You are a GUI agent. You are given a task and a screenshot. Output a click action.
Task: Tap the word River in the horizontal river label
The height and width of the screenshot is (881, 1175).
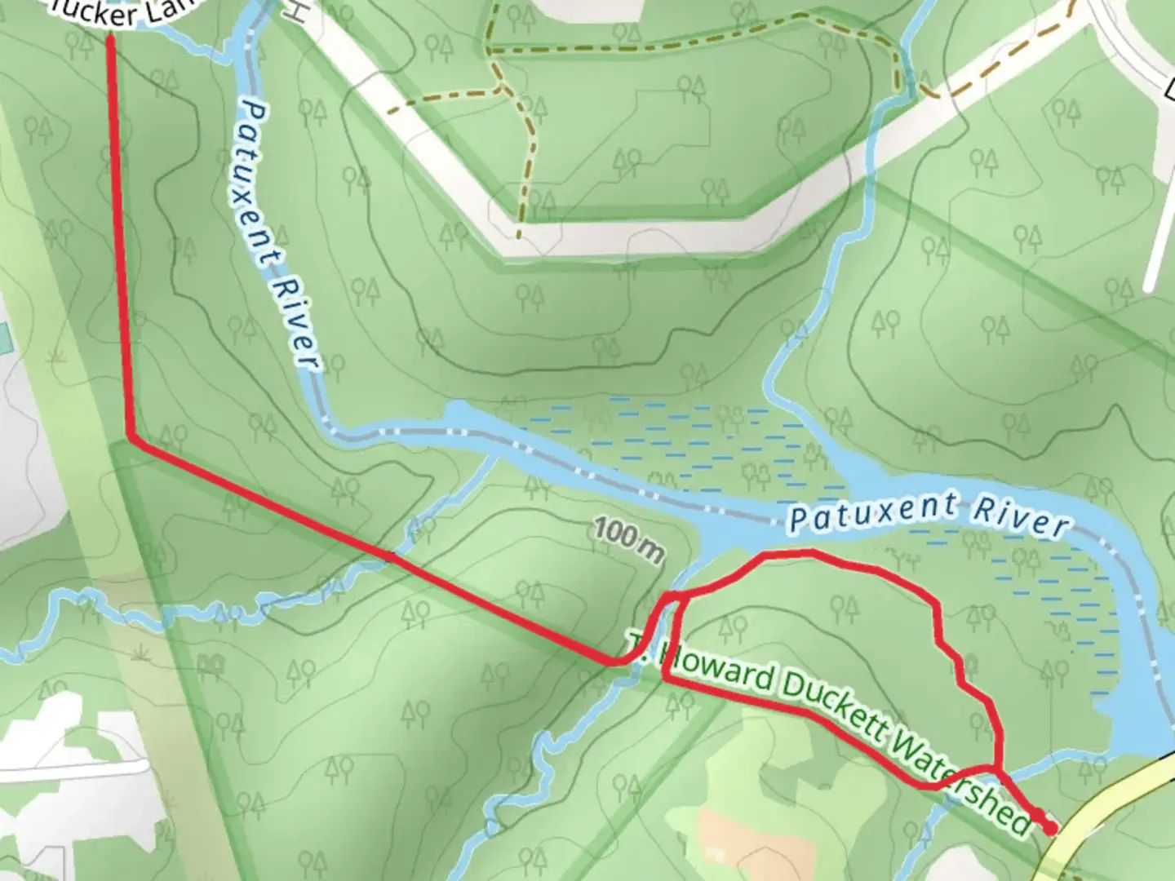(1020, 518)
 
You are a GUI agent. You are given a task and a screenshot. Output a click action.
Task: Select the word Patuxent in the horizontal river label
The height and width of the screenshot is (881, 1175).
(872, 512)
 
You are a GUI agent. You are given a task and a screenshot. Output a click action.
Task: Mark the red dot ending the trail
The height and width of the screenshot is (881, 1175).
(1049, 828)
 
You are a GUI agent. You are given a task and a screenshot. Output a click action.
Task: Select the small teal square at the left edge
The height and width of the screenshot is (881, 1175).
(3, 334)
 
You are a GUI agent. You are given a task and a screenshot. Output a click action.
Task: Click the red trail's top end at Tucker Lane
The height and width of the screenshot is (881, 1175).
(110, 38)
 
